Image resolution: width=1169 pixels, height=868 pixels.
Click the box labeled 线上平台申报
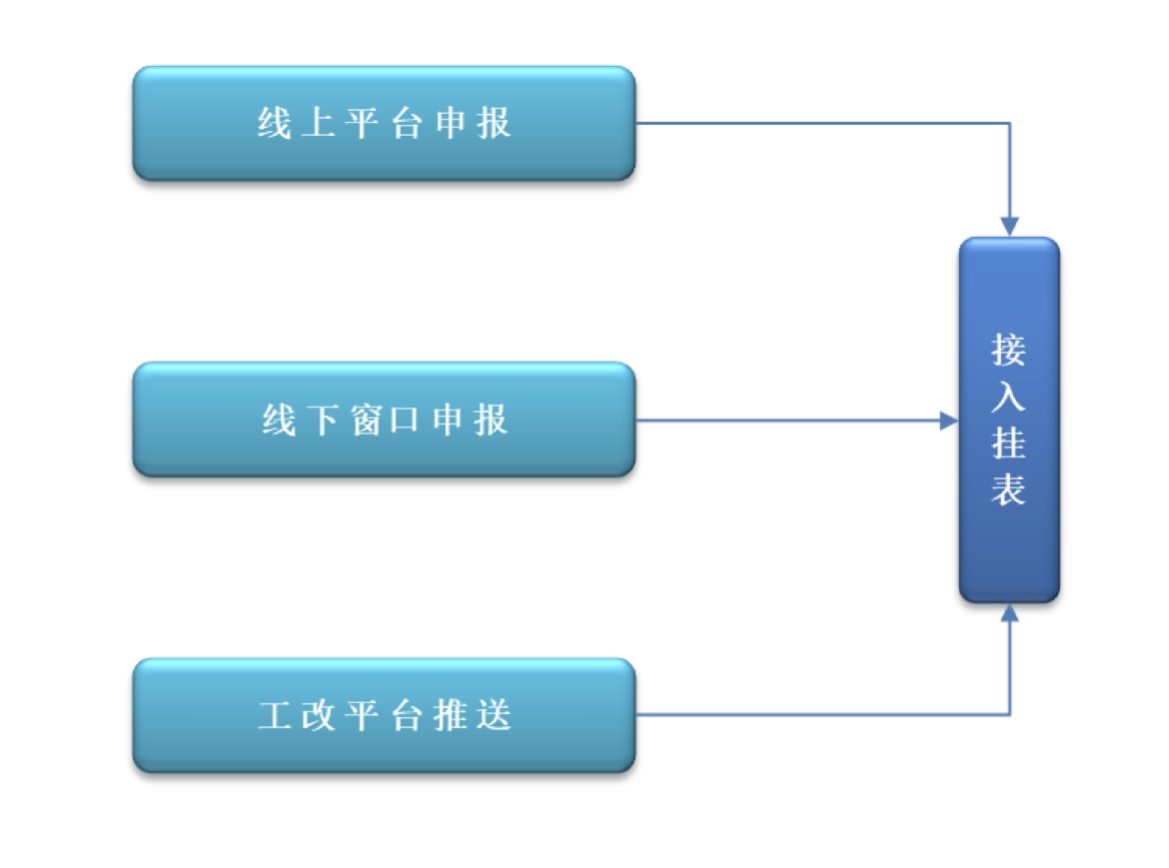[384, 123]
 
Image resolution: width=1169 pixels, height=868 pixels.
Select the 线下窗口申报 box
[384, 420]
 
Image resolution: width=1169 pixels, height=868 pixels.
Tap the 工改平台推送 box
[384, 715]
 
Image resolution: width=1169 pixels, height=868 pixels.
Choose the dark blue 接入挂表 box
[1009, 420]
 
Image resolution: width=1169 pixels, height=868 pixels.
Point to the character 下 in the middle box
[321, 420]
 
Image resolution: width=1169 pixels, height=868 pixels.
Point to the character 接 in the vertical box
[1009, 351]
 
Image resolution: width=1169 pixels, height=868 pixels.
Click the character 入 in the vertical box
[1009, 397]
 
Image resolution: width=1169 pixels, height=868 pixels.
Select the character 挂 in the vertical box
[1009, 442]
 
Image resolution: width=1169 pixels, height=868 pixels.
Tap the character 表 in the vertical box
[1009, 488]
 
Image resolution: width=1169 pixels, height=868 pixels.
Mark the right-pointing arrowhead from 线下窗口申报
[948, 421]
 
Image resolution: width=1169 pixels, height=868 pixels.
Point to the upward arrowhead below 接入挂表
[1010, 613]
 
